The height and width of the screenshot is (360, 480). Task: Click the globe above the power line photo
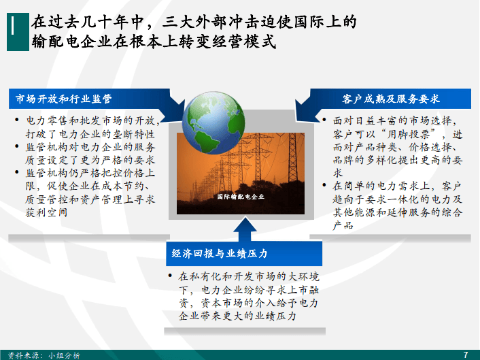click(x=213, y=122)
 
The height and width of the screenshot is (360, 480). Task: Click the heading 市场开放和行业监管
click(x=64, y=99)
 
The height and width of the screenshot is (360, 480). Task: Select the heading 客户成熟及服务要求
click(x=391, y=99)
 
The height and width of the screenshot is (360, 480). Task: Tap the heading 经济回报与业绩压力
click(x=220, y=254)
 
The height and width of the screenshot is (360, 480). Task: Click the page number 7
click(x=466, y=355)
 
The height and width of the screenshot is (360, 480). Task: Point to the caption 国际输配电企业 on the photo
click(x=241, y=197)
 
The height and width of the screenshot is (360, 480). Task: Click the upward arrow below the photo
click(x=245, y=229)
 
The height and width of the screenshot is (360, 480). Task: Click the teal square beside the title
click(x=18, y=32)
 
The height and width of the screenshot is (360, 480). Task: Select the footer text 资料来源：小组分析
click(x=44, y=355)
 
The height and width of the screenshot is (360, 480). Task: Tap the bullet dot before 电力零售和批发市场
click(x=17, y=120)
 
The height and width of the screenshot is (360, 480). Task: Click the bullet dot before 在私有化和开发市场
click(x=170, y=276)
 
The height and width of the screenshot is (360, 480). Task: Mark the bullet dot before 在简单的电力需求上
click(x=324, y=185)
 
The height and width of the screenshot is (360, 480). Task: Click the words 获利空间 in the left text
click(x=46, y=212)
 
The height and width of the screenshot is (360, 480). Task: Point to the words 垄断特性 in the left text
click(x=134, y=134)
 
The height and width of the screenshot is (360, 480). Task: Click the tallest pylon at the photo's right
click(x=292, y=158)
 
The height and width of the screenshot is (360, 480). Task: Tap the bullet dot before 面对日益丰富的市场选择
click(x=324, y=120)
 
